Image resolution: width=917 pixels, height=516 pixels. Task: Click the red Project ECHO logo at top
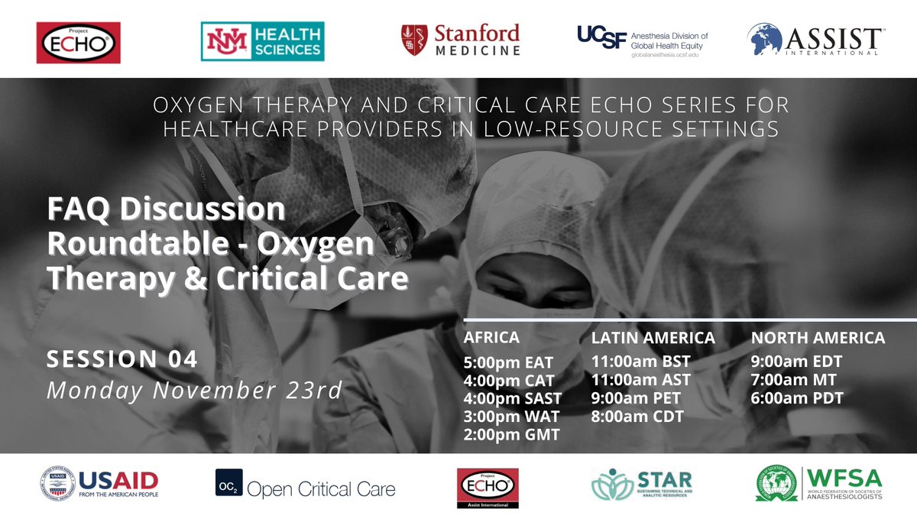[79, 42]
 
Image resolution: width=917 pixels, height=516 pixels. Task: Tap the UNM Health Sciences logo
[262, 41]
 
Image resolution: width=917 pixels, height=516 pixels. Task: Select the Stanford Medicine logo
[461, 40]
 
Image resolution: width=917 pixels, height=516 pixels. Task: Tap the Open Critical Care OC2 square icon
[228, 483]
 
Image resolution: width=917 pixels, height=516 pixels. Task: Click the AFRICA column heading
[491, 337]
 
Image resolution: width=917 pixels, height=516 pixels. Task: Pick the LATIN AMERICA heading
[653, 337]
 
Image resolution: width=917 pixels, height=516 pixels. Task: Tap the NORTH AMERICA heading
[818, 337]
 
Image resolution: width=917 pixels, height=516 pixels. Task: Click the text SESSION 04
[122, 359]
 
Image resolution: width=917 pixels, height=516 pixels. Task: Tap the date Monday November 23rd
[194, 390]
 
